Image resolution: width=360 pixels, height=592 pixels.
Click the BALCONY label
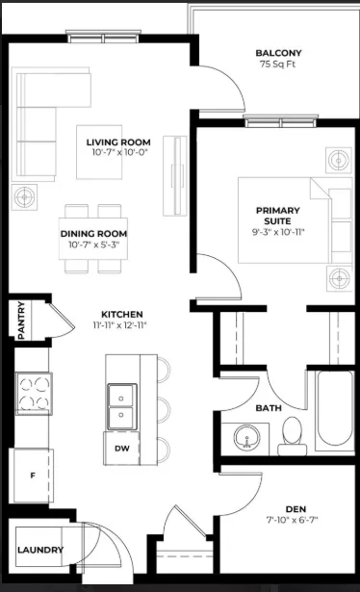(278, 53)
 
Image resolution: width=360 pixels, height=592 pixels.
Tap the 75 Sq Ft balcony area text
(277, 64)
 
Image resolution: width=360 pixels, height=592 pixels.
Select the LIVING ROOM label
(118, 142)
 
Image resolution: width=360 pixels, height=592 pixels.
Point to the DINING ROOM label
(93, 234)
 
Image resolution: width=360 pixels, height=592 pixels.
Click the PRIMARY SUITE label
(278, 216)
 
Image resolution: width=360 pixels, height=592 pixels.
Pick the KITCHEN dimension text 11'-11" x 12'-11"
(119, 325)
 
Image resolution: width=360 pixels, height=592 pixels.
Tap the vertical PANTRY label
(21, 320)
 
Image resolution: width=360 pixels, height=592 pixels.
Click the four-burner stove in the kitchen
(34, 394)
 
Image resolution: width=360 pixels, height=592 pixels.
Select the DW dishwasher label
(122, 449)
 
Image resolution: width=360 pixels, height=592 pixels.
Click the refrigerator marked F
(33, 476)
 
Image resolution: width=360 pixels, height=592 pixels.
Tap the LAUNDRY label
(40, 550)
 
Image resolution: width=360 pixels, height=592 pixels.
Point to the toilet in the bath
(293, 436)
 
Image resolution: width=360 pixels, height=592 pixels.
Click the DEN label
(296, 509)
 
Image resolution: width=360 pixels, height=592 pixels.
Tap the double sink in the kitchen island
(121, 407)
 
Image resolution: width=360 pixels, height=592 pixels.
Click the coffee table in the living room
(99, 152)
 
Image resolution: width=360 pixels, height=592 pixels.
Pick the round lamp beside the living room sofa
(24, 196)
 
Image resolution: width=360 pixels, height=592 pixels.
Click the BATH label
(269, 408)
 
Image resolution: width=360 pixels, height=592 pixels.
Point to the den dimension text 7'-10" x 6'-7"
(292, 520)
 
